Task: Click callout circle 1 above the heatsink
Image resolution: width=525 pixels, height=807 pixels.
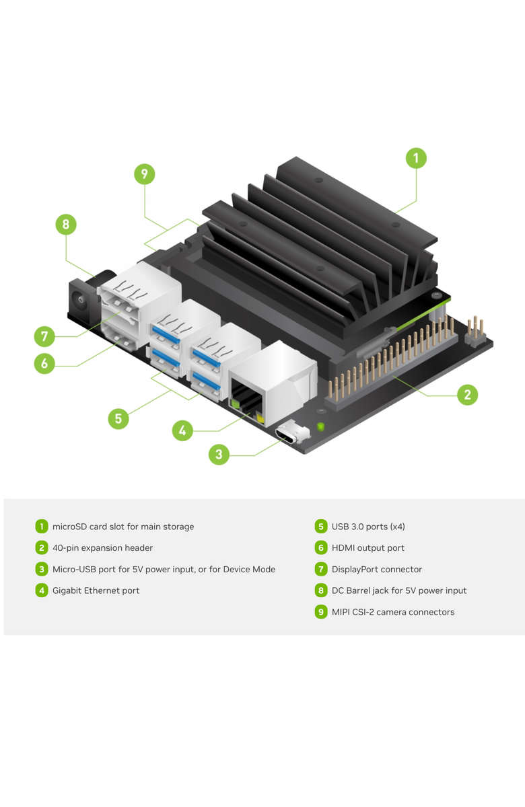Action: [416, 159]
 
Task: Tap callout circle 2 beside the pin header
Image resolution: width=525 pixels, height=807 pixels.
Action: [467, 394]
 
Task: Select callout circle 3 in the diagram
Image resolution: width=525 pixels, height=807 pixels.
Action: [219, 455]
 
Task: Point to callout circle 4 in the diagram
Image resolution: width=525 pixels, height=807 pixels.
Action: [182, 430]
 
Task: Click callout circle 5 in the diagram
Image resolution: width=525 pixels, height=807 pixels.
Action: [118, 418]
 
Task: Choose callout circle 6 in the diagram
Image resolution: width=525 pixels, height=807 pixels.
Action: [44, 364]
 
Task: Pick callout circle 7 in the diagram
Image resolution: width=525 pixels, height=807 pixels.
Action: [44, 335]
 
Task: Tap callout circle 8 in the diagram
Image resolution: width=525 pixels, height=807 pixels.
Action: [66, 224]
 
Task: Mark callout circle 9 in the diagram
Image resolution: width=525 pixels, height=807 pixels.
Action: [144, 174]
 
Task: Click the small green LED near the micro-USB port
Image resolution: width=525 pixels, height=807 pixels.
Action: [320, 426]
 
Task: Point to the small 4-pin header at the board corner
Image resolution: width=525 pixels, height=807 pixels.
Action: [476, 330]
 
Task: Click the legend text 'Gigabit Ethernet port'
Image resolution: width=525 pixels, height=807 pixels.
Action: [96, 590]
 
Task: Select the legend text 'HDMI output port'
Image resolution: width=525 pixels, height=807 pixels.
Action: [367, 548]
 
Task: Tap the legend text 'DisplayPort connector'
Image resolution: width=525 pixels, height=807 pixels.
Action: [376, 570]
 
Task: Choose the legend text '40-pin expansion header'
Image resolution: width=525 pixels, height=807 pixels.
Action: [102, 548]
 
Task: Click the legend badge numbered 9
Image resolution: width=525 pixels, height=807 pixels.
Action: [321, 612]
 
